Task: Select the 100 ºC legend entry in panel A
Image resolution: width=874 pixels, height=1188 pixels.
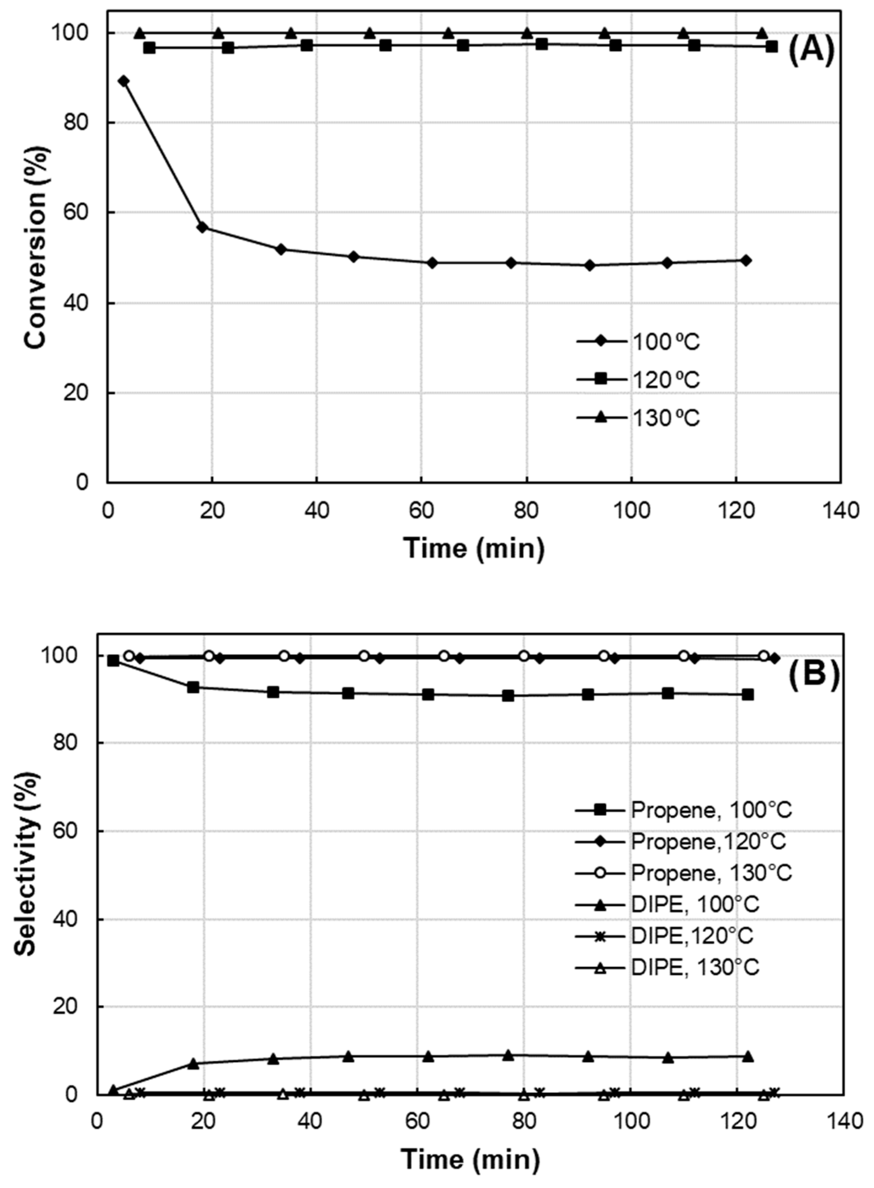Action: [x=665, y=342]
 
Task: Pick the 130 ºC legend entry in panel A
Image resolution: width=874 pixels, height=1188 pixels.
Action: [x=665, y=418]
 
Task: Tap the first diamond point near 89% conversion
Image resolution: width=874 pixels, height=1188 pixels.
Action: [x=124, y=81]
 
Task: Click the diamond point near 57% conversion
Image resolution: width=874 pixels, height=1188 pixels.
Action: [x=202, y=228]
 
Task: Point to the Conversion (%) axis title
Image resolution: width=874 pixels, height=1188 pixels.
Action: [x=36, y=247]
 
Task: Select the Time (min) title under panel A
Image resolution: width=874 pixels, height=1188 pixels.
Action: [x=474, y=548]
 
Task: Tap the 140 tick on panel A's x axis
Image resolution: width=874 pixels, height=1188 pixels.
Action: [x=840, y=512]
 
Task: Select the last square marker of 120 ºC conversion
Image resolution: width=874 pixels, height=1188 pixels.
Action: [x=772, y=47]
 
